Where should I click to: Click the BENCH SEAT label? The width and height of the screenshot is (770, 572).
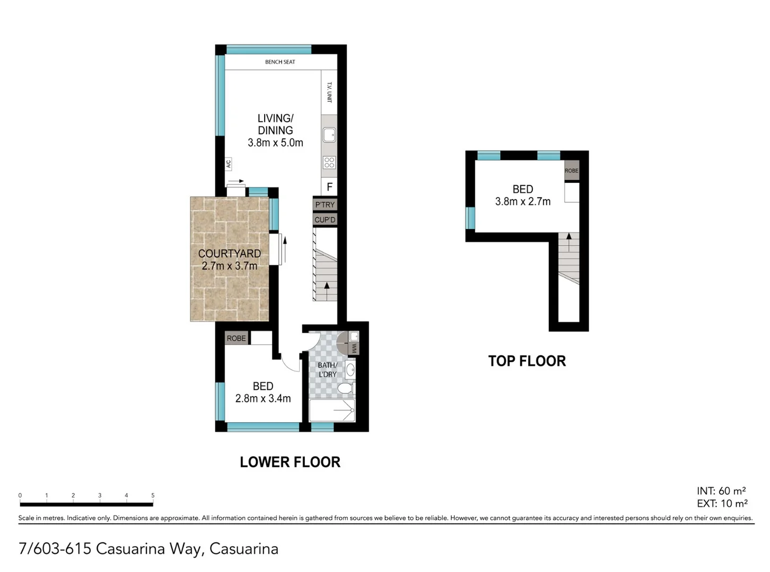[x=280, y=62]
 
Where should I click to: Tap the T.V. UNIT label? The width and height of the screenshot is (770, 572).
[x=329, y=92]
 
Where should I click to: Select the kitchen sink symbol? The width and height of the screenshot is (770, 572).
[x=329, y=135]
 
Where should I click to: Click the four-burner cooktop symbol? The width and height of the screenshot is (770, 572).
[x=329, y=163]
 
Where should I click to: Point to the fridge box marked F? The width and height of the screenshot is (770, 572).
[x=329, y=186]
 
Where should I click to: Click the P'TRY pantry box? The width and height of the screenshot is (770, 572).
[x=325, y=204]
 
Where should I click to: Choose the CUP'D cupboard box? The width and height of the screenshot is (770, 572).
[x=325, y=220]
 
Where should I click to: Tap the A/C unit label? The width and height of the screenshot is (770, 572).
[x=229, y=164]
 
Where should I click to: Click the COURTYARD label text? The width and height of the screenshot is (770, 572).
[x=229, y=254]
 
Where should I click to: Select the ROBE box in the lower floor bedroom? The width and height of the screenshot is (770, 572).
[x=236, y=338]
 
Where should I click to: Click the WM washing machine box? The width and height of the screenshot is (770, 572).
[x=354, y=348]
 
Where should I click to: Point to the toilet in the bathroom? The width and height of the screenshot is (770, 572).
[x=345, y=389]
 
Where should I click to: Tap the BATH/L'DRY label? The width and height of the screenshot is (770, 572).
[x=327, y=370]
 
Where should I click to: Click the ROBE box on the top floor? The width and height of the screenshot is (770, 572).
[x=571, y=171]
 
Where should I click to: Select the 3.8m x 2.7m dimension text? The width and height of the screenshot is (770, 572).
[x=522, y=202]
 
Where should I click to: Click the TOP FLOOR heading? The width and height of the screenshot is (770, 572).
[x=527, y=361]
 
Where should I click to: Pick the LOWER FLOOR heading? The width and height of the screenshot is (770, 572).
[x=290, y=462]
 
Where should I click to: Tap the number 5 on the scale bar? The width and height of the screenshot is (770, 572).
[x=153, y=496]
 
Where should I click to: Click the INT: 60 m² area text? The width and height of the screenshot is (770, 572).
[x=721, y=491]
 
